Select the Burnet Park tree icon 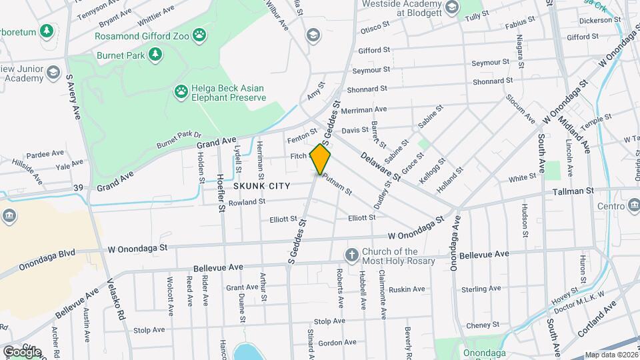(155, 54)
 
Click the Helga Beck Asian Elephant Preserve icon (181, 91)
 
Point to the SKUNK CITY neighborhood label (261, 186)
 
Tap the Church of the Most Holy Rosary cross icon (351, 255)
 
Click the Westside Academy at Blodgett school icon (451, 8)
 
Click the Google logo (22, 351)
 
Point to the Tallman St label (573, 191)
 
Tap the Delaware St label (381, 167)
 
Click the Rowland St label (247, 201)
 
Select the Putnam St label (337, 184)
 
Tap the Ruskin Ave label (407, 289)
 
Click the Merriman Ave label (363, 109)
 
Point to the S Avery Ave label (73, 97)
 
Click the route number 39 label (79, 188)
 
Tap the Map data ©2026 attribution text (611, 355)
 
